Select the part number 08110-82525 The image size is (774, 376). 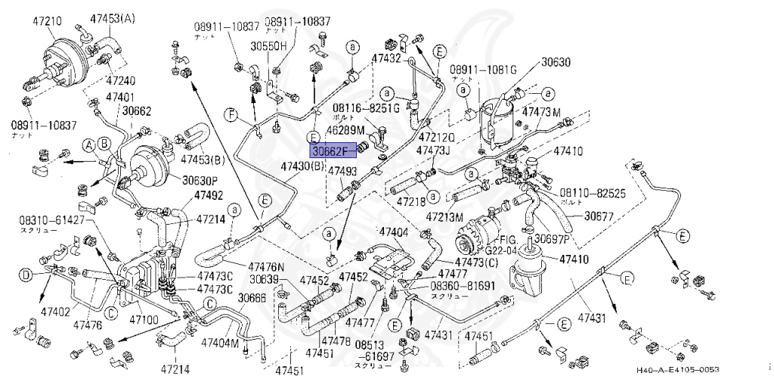594,194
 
